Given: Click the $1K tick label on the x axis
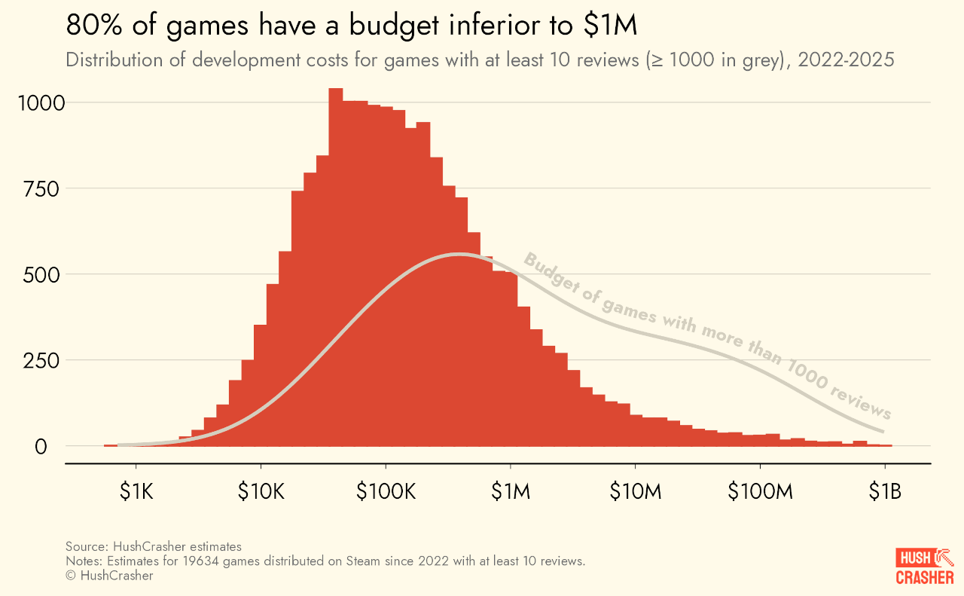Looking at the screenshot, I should [136, 492].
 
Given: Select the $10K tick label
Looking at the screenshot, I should [261, 492].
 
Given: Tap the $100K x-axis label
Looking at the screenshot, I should [386, 492].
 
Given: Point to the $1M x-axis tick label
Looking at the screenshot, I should [511, 492].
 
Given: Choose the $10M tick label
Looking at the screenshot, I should [635, 492].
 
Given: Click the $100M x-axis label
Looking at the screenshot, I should [760, 492].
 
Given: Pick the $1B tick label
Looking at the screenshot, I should [884, 492].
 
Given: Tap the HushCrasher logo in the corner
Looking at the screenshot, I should [925, 567].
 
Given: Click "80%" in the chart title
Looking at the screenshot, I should [91, 26].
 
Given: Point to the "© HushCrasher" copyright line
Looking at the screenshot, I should [109, 576].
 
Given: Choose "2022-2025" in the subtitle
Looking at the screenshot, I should [846, 60].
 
